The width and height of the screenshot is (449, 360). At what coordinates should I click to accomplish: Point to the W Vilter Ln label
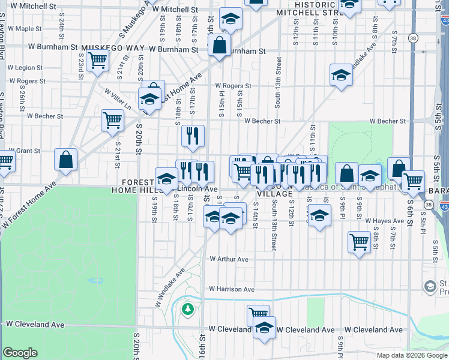(x=118, y=99)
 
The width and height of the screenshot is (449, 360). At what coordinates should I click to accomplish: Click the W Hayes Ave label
(x=384, y=221)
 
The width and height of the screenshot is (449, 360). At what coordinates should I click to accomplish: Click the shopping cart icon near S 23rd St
(x=97, y=60)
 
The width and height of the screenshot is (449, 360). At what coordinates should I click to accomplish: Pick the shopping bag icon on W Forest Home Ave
(x=66, y=160)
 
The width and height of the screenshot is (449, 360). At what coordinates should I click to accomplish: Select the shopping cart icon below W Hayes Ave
(x=359, y=242)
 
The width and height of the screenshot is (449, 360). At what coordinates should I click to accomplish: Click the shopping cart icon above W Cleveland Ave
(x=258, y=313)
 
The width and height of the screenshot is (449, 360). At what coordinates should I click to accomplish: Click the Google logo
(x=20, y=353)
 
